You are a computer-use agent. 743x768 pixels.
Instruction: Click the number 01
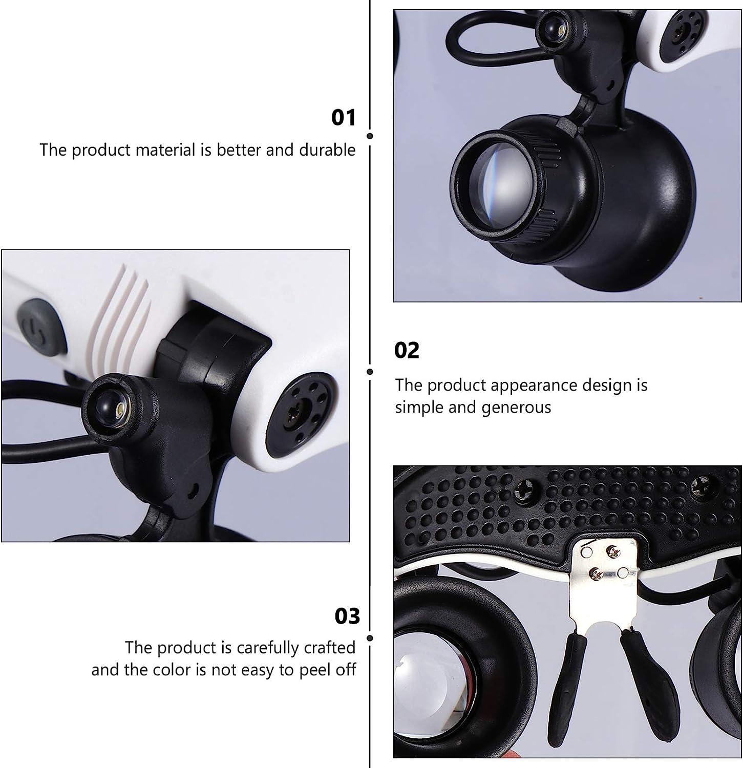[343, 118]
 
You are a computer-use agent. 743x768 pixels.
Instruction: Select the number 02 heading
[407, 351]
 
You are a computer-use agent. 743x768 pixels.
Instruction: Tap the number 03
[347, 616]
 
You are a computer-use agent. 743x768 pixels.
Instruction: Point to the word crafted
[329, 648]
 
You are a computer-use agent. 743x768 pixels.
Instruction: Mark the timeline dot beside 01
[370, 136]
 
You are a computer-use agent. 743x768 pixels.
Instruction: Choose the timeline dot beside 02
[370, 372]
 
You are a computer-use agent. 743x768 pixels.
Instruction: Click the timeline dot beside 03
[370, 638]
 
